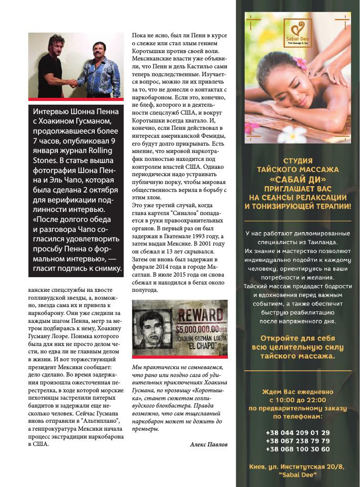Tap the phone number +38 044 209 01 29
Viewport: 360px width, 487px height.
pos(298,432)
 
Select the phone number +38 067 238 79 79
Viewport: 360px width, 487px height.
pos(298,441)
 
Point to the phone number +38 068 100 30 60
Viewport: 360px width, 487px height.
pos(298,449)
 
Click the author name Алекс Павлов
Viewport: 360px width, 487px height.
pos(209,444)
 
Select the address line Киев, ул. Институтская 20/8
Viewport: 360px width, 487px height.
pos(298,467)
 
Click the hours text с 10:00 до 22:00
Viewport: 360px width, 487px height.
pos(298,399)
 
